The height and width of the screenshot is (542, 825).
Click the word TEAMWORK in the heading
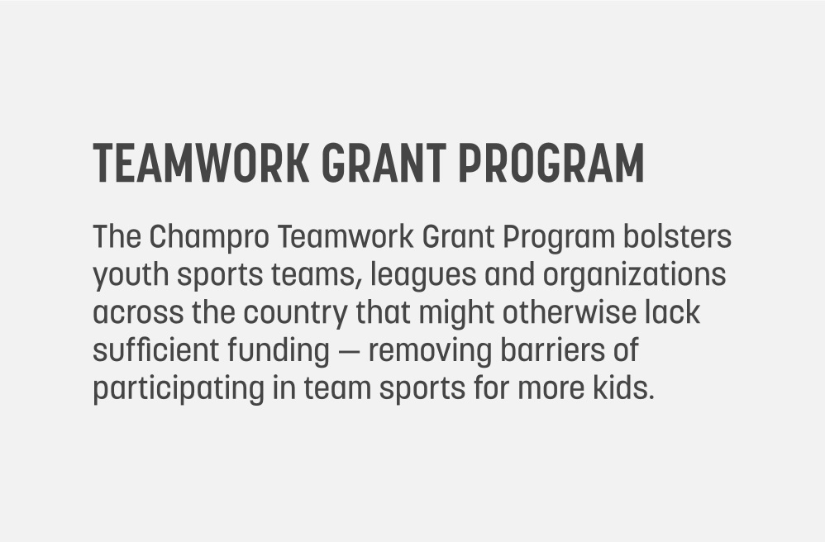click(x=201, y=163)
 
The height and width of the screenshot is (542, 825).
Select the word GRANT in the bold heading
click(x=384, y=163)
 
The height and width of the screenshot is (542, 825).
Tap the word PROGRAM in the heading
click(x=551, y=163)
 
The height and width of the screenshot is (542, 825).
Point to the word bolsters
click(x=677, y=236)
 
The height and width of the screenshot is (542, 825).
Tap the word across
click(x=138, y=313)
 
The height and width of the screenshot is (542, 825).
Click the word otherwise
click(x=570, y=312)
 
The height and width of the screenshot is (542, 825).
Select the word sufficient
click(x=155, y=350)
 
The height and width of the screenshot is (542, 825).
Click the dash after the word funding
click(x=349, y=352)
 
